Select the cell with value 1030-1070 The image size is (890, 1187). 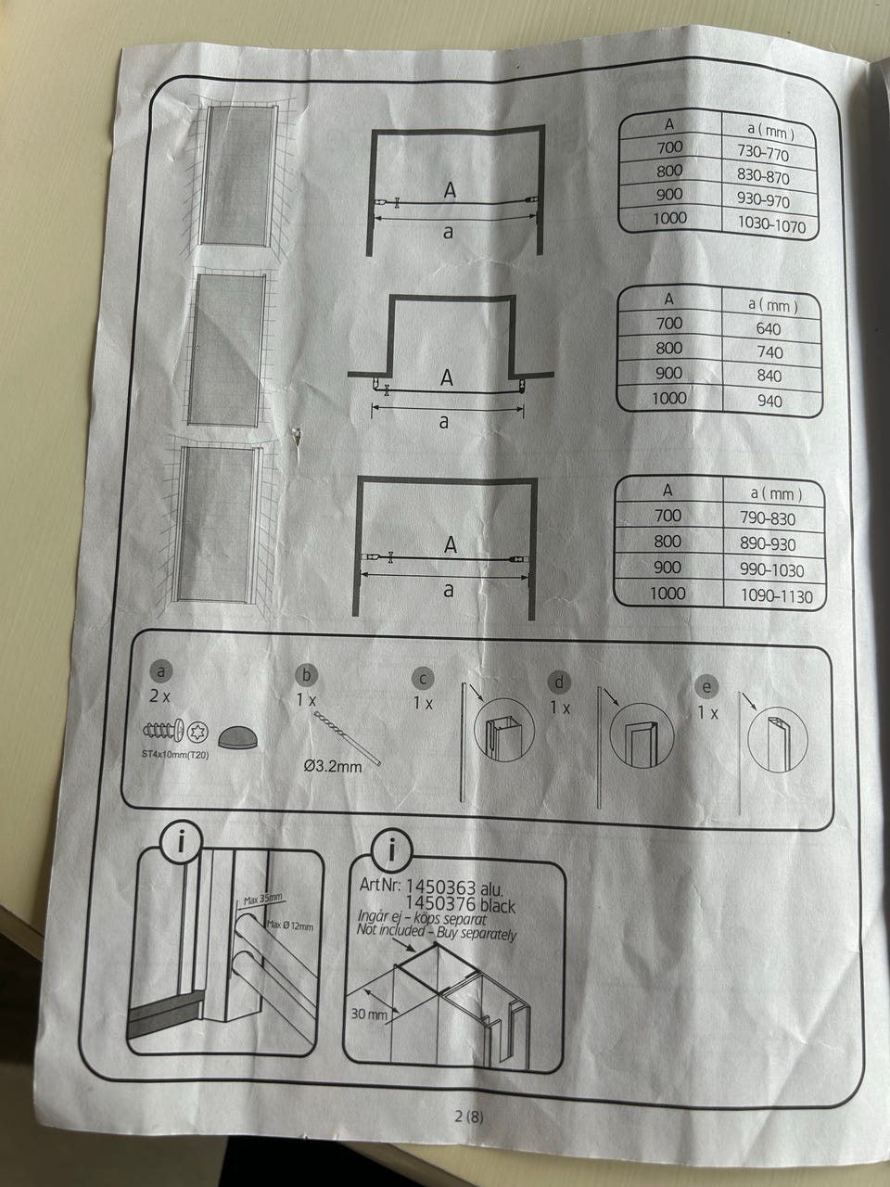(771, 224)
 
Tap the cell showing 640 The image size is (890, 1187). (769, 328)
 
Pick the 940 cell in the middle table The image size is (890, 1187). (769, 401)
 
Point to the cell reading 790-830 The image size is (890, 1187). (768, 518)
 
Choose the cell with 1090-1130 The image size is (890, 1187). (776, 596)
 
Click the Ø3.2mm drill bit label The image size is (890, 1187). (333, 766)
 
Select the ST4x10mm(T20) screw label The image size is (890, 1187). (174, 753)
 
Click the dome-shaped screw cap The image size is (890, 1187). (238, 736)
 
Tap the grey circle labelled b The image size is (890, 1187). (306, 675)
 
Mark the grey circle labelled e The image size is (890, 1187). (706, 687)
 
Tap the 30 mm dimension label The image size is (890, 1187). (370, 1014)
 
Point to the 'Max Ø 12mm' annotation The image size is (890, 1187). (289, 925)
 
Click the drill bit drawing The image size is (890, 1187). (348, 737)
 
